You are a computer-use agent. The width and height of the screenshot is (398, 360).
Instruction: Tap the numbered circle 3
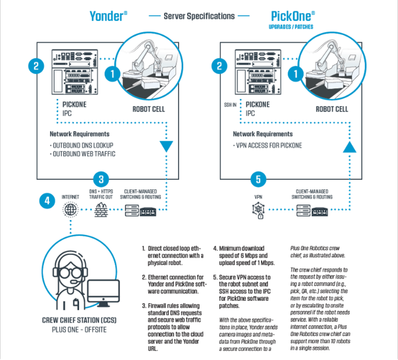pos(100,179)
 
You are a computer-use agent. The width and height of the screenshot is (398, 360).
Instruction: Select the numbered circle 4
pos(48,200)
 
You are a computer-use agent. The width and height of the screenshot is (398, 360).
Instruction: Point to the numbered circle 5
pos(258,179)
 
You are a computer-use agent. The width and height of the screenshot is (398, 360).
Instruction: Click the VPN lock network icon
pos(257,211)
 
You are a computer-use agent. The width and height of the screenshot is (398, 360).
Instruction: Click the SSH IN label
pos(230,105)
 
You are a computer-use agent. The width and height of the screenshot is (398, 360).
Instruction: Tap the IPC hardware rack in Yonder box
pos(74,74)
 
